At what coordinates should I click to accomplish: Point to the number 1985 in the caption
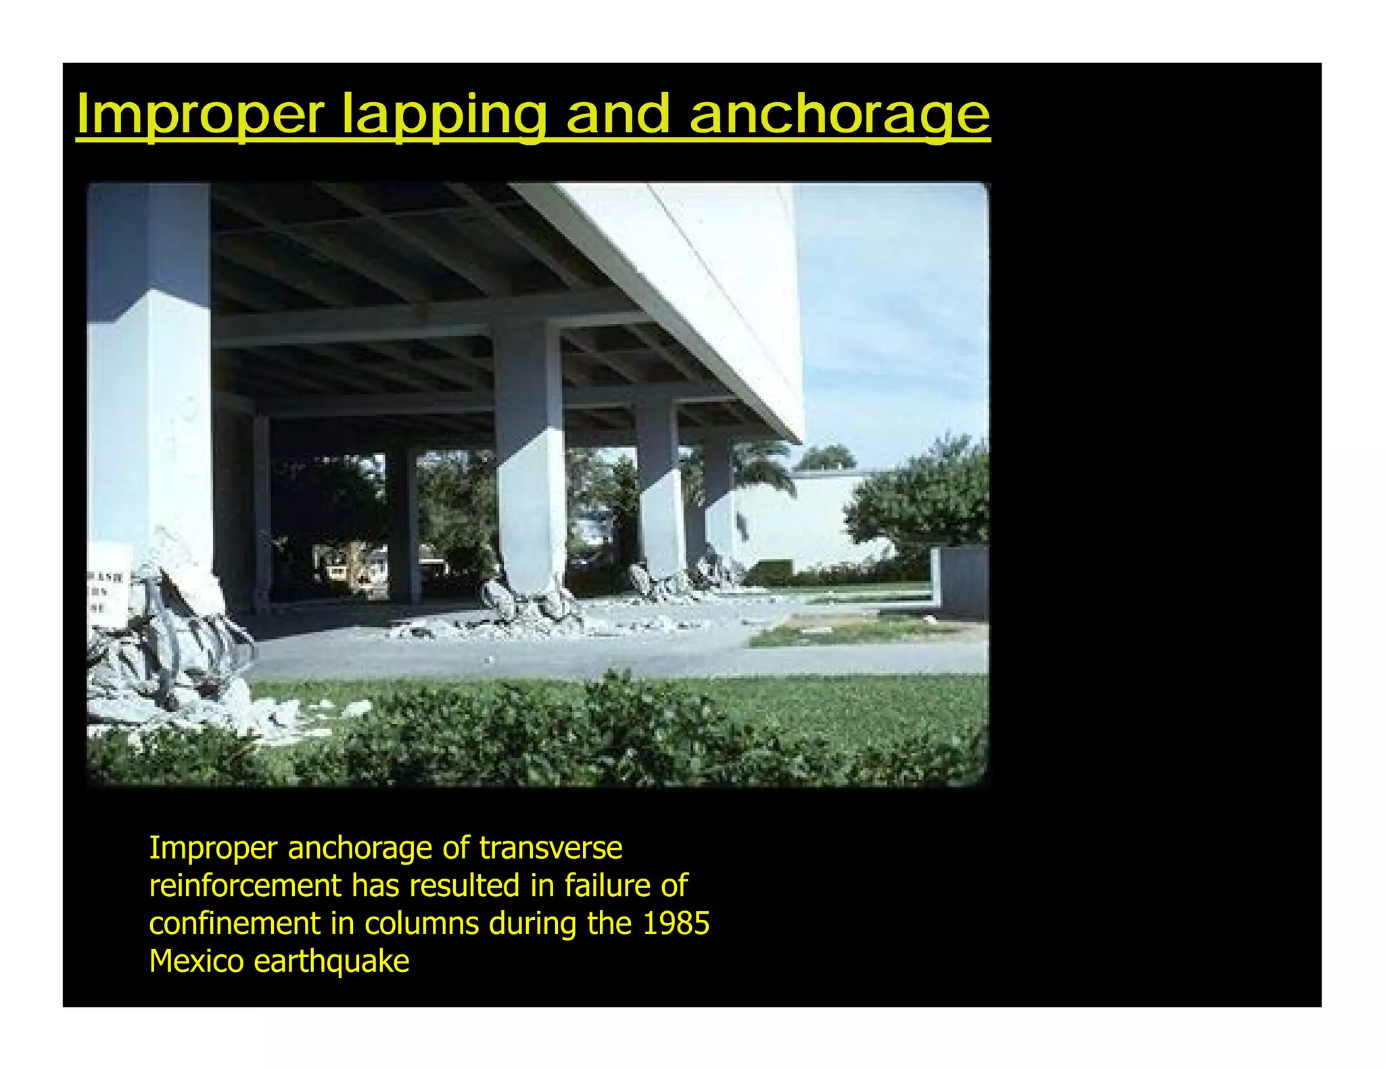[676, 923]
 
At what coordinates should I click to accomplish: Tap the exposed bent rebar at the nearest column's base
[169, 643]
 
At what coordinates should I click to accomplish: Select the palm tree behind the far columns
[764, 467]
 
